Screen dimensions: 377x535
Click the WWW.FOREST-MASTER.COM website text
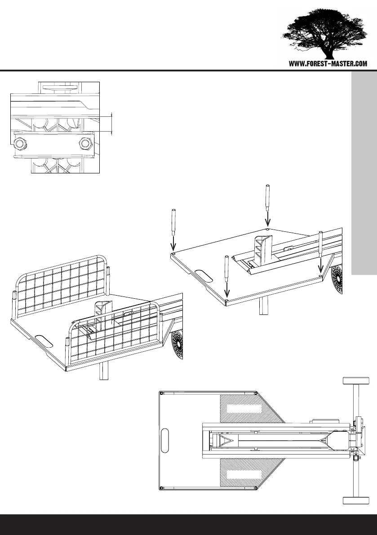328,64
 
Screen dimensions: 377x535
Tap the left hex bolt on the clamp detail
20,144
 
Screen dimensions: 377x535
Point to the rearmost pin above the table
267,197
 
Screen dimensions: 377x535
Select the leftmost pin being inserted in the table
173,222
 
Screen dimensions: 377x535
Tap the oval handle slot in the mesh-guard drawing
44,340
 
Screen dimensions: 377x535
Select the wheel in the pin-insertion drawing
338,282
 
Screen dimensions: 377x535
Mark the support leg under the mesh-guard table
104,373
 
